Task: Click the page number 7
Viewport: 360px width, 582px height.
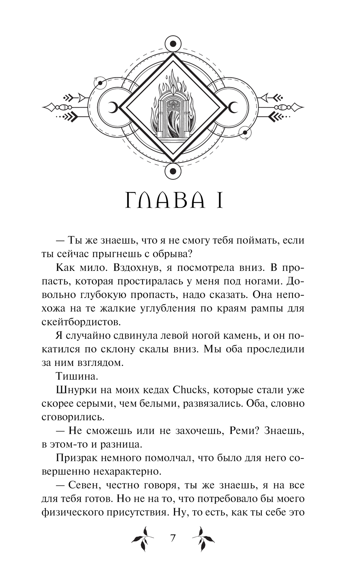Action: (x=173, y=538)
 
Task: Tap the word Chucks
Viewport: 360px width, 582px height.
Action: (x=190, y=390)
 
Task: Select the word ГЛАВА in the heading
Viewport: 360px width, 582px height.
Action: (x=165, y=202)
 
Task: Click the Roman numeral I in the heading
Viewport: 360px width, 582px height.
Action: (x=219, y=202)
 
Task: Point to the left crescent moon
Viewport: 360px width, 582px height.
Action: (x=113, y=107)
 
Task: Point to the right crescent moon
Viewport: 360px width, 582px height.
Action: (x=233, y=107)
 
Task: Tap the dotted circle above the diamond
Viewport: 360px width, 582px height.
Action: (x=173, y=44)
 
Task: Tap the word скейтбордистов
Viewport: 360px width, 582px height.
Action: (x=83, y=321)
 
